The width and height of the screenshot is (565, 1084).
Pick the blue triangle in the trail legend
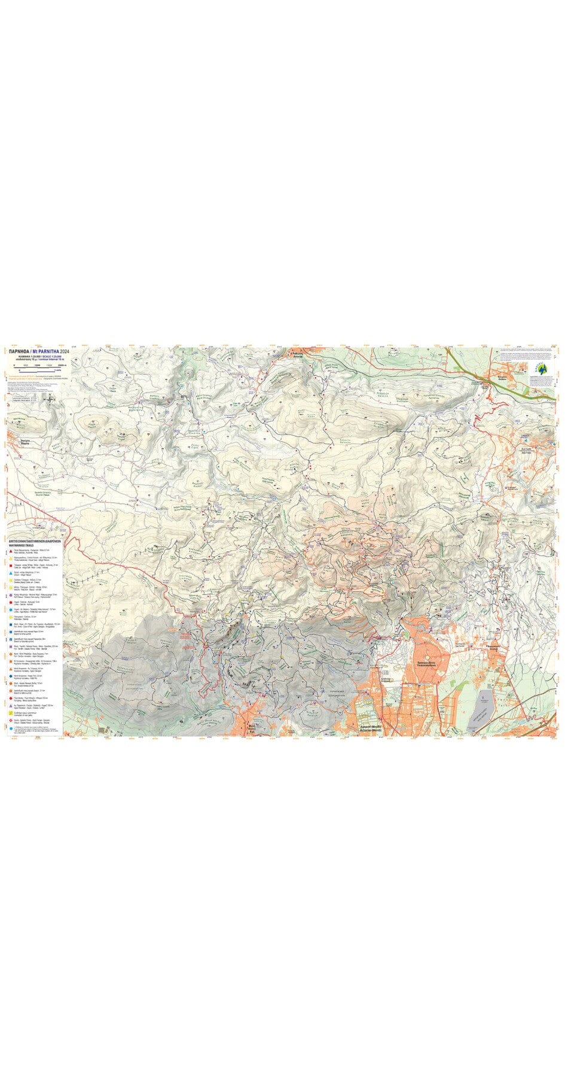point(11,573)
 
